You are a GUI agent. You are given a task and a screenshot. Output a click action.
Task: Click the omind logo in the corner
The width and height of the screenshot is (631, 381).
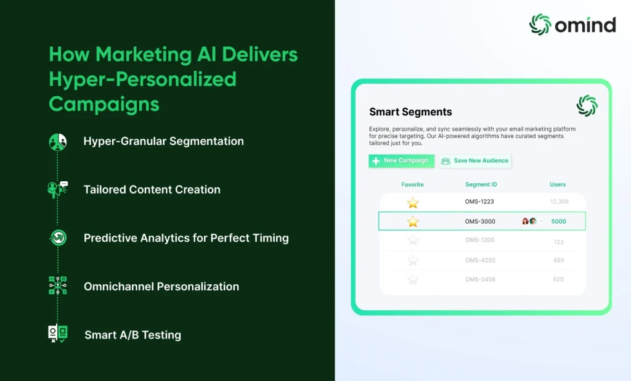[572, 25]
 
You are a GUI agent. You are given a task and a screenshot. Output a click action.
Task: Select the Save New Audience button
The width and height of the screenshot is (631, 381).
[475, 161]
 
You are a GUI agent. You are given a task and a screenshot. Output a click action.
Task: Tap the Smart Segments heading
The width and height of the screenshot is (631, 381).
[410, 112]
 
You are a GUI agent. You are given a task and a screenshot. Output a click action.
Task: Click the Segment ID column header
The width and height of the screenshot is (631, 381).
[481, 184]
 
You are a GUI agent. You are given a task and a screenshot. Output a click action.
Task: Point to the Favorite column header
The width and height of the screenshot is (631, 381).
[412, 184]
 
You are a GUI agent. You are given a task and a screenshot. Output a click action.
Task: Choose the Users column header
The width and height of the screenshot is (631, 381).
[558, 184]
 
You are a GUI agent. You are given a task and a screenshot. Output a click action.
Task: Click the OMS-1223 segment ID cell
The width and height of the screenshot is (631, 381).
[479, 202]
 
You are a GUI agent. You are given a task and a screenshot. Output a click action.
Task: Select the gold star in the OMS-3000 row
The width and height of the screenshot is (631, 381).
[413, 221]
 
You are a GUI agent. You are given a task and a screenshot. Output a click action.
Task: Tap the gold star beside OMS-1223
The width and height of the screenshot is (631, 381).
[413, 203]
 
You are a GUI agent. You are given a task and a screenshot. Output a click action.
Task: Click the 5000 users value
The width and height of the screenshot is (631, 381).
[558, 221]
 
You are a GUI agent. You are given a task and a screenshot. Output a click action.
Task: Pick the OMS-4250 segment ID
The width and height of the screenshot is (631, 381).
[480, 260]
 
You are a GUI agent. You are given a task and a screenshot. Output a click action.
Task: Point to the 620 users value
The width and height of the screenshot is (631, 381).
[558, 279]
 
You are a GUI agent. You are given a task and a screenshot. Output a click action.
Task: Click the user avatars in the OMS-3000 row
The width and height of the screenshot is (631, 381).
[529, 221]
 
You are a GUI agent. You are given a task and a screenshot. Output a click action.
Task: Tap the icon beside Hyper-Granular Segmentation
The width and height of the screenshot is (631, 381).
[57, 142]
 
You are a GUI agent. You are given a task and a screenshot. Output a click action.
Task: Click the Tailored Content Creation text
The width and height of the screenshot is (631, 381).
[152, 189]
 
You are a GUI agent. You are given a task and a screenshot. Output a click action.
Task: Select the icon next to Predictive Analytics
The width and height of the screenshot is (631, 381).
[59, 237]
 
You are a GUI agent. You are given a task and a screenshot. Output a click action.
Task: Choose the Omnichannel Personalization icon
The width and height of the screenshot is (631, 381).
[57, 285]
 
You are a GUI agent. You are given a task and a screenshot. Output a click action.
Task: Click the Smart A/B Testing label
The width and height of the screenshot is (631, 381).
[133, 335]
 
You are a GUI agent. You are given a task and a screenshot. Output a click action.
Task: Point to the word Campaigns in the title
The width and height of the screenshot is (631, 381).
[104, 104]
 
